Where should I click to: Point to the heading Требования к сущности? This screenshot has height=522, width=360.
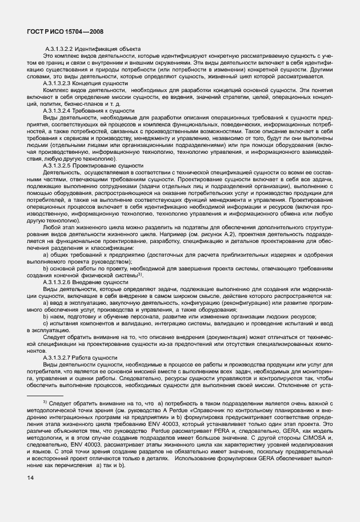103,109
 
